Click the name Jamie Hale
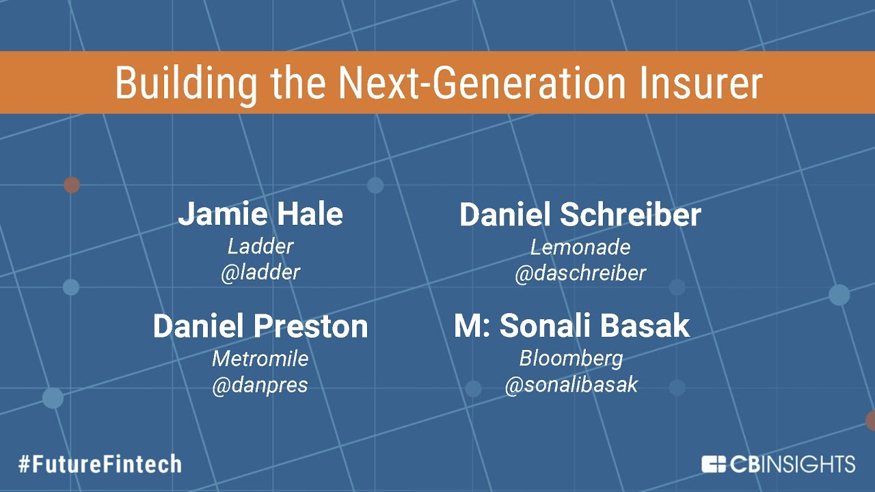260,215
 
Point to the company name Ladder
260,247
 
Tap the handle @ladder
260,273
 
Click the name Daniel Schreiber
580,215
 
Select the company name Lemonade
580,247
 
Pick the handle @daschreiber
580,273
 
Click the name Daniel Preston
260,327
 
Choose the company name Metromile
260,359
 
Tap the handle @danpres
260,385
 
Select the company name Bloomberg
571,359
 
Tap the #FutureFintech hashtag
100,465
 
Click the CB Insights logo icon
714,464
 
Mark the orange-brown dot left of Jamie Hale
72,184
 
